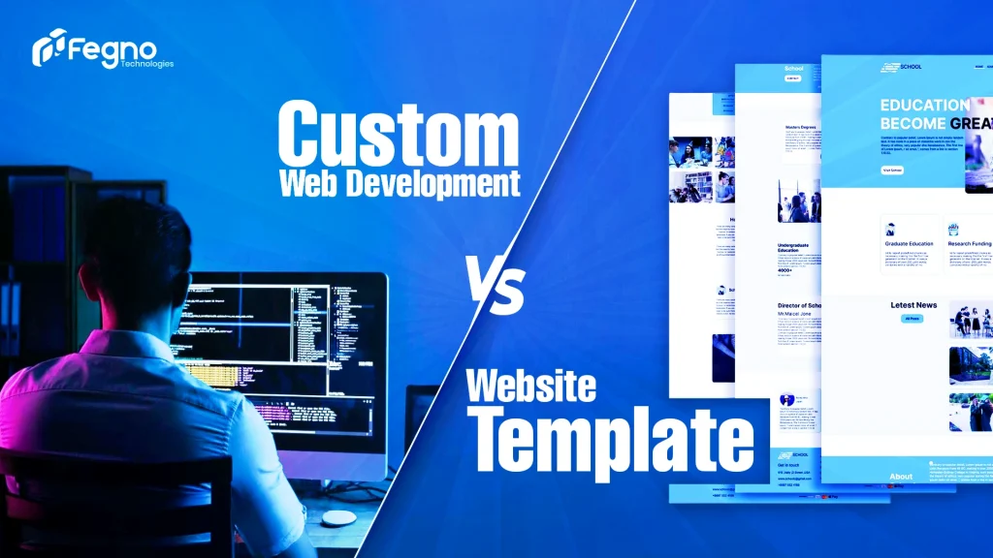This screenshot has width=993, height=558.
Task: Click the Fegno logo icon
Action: click(x=48, y=47)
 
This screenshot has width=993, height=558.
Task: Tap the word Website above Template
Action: click(x=530, y=387)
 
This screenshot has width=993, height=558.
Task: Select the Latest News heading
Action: click(x=913, y=305)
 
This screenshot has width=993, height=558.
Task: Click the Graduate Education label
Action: click(x=908, y=243)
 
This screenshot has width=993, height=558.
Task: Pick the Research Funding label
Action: click(x=970, y=243)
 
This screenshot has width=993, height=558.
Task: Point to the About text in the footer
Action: click(x=901, y=476)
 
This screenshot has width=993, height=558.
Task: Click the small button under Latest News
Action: click(x=913, y=318)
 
